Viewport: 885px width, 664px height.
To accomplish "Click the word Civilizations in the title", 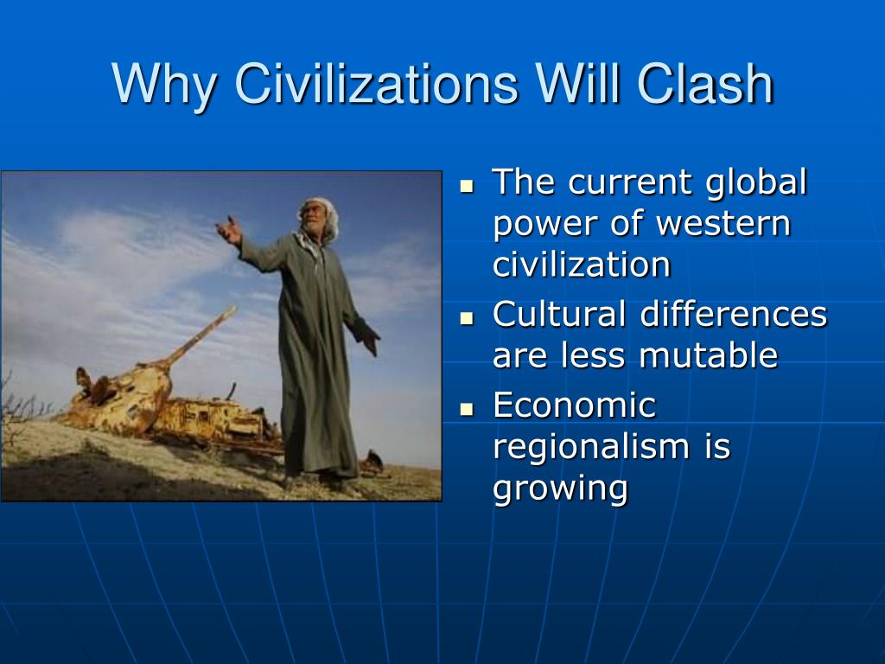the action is point(376,84).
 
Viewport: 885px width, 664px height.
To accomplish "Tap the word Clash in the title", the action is point(705,84).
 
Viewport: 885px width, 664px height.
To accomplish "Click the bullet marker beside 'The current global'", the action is point(467,186).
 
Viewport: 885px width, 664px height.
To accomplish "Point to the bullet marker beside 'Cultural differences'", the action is point(467,318).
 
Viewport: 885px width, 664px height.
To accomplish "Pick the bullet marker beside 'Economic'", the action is point(467,409).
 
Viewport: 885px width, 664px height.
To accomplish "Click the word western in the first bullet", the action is point(723,224).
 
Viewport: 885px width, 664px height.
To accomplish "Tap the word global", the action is point(757,183).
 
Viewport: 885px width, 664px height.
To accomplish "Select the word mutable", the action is point(709,355).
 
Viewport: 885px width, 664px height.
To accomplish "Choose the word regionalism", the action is point(591,447).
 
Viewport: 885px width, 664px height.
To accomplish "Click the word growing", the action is point(560,489).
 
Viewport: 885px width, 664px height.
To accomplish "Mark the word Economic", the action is point(575,405).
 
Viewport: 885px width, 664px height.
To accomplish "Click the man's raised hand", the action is point(228,230).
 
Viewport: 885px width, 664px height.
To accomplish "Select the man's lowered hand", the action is point(370,341).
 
